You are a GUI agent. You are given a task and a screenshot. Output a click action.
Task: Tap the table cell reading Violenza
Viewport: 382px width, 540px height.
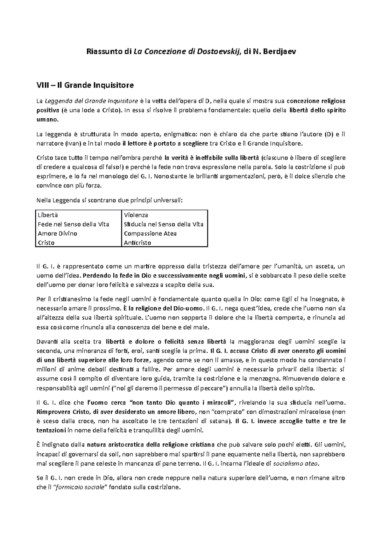click(x=136, y=215)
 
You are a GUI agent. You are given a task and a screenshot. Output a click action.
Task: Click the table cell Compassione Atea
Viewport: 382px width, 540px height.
click(x=150, y=233)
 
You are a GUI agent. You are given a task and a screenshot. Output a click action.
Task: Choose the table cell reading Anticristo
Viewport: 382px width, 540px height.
click(x=138, y=243)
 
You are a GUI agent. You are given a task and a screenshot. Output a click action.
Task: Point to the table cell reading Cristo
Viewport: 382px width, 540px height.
click(x=46, y=243)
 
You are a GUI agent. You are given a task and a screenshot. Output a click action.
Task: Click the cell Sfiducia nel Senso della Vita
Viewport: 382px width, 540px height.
click(x=164, y=224)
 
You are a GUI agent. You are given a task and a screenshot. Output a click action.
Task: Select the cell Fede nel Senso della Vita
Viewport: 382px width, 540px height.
click(x=73, y=224)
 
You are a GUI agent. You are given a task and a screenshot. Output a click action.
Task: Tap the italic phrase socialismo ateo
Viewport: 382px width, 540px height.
click(x=296, y=463)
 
